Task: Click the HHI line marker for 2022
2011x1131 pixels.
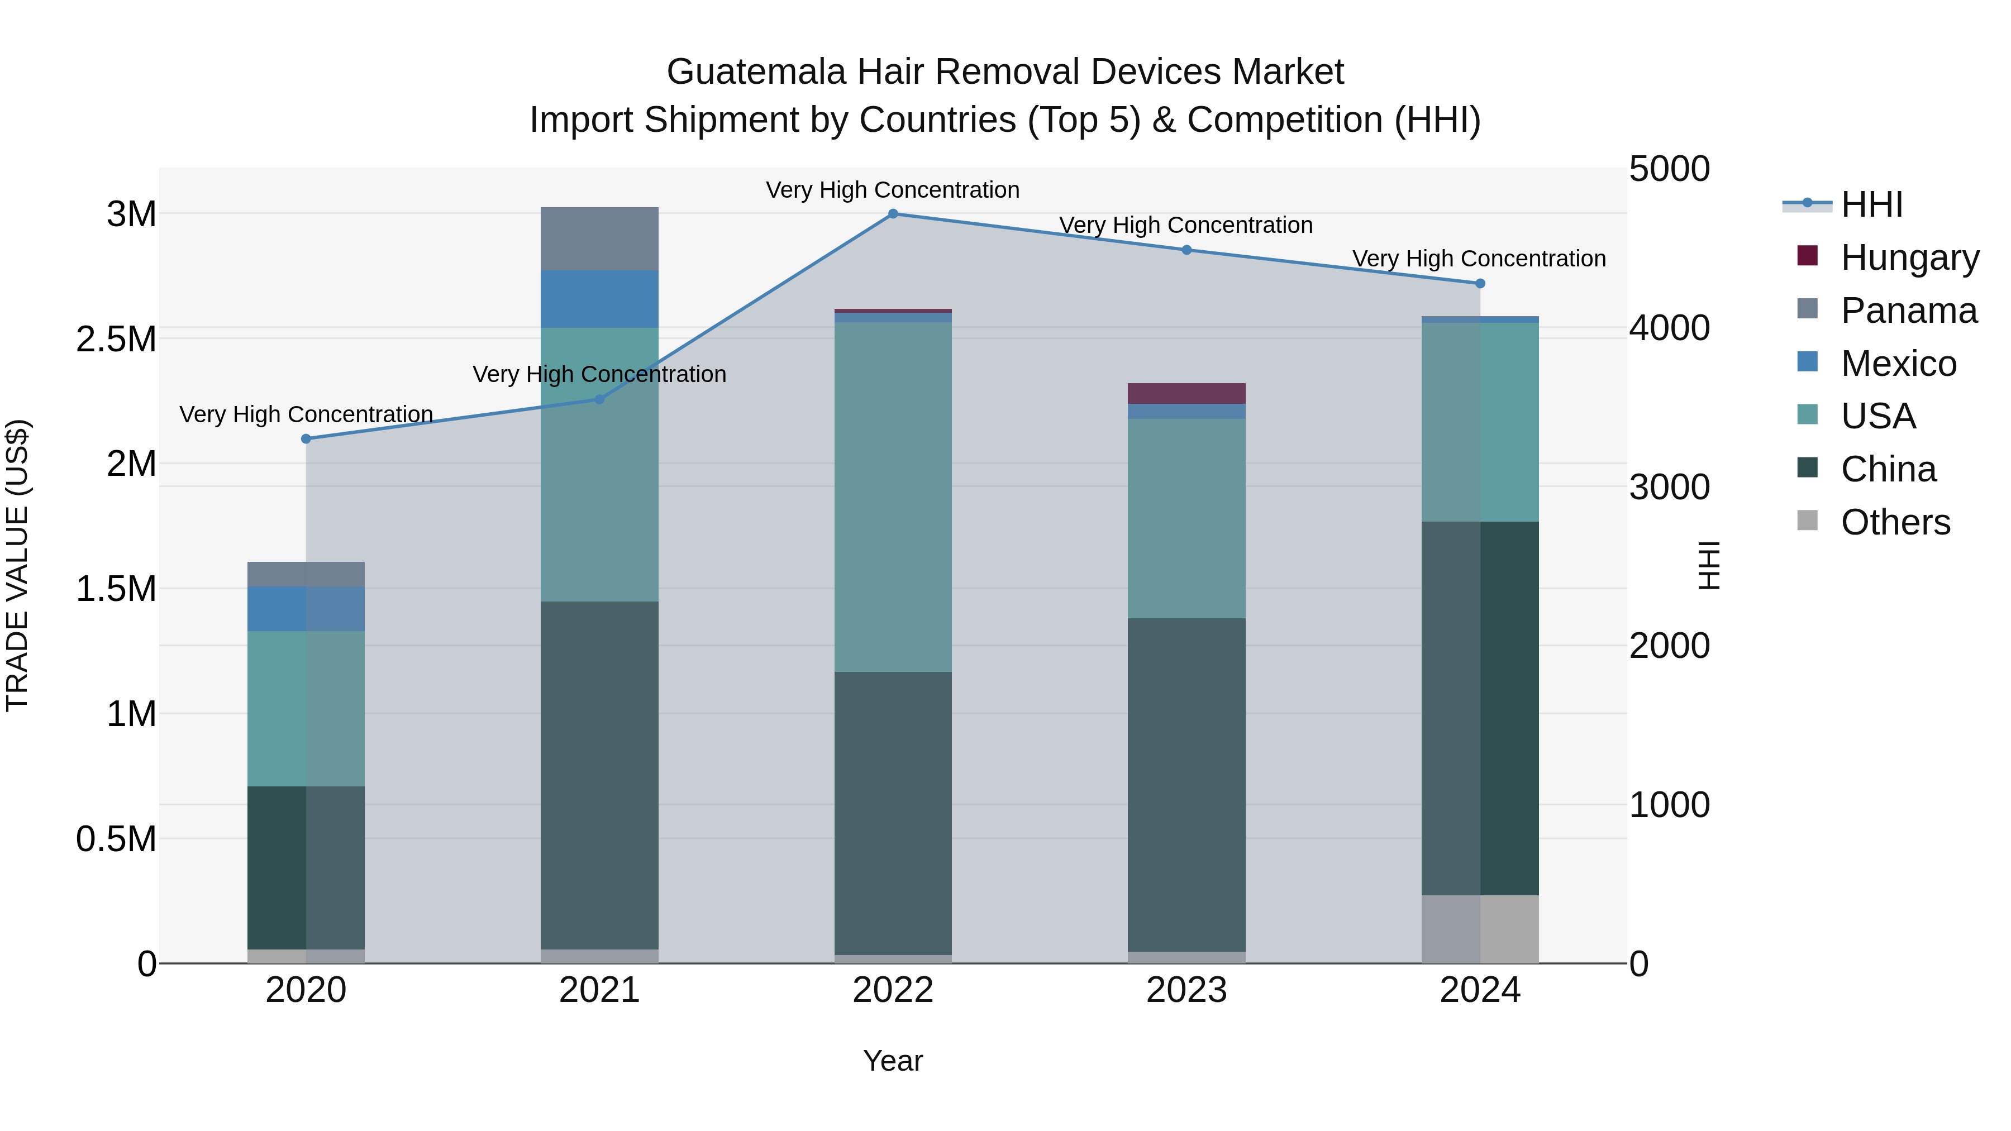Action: point(893,214)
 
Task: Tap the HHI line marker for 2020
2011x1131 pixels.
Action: point(306,438)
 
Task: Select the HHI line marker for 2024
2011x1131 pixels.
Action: point(1480,283)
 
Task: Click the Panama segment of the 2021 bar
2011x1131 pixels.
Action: point(599,239)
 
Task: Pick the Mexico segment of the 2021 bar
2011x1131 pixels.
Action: point(599,299)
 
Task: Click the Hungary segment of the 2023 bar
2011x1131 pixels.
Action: point(1186,393)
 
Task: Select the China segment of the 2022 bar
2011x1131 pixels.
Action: point(893,812)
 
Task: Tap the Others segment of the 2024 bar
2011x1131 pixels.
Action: point(1480,929)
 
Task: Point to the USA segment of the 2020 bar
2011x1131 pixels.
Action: point(306,708)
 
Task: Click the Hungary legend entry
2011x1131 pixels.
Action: point(1909,257)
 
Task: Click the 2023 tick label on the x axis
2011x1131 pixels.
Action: point(1186,990)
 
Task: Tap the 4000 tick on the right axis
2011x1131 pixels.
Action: point(1669,328)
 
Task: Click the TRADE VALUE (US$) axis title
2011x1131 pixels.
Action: point(17,565)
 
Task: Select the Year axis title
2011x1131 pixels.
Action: point(893,1061)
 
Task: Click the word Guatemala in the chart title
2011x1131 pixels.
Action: point(756,72)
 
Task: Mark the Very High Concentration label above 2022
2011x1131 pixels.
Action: point(893,190)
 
